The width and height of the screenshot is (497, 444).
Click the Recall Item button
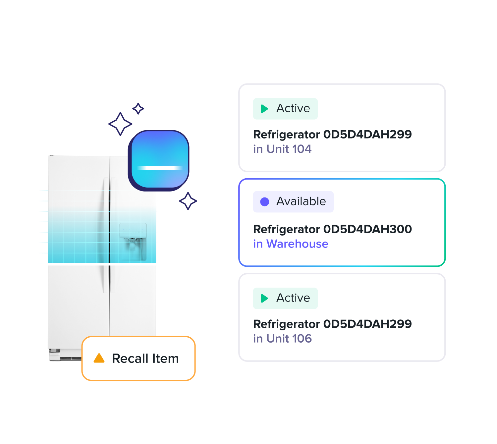(138, 359)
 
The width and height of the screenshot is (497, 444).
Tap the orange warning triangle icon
(99, 358)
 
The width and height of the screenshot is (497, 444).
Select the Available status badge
(293, 201)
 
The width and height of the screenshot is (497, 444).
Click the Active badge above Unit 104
(285, 109)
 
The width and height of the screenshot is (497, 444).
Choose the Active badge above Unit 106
(285, 298)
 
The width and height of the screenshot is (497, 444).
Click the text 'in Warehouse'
(291, 244)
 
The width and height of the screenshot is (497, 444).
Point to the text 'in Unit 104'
(282, 149)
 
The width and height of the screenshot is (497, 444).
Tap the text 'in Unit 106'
(282, 339)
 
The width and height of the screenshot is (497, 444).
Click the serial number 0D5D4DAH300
(367, 229)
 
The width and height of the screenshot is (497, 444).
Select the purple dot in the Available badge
(265, 201)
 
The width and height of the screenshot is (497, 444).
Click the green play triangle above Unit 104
(264, 109)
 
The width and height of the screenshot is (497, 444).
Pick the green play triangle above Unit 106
(264, 298)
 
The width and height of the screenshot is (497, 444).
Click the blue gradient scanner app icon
(159, 160)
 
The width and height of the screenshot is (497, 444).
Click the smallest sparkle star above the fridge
(138, 108)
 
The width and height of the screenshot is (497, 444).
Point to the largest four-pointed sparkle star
(120, 124)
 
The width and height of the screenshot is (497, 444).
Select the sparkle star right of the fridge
(188, 201)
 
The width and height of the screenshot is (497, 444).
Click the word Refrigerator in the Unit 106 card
(286, 324)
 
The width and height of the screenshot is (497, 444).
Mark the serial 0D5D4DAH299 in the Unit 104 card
(367, 134)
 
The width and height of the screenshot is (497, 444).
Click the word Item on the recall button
(165, 359)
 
